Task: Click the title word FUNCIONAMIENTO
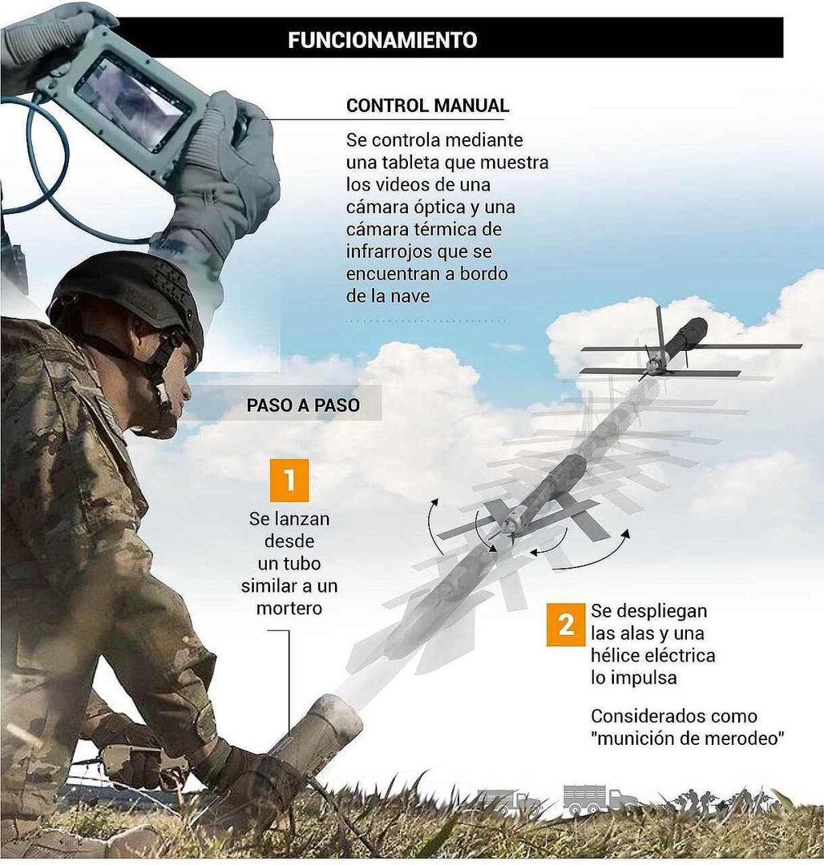(x=382, y=39)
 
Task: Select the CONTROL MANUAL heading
(x=427, y=106)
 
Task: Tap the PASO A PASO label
(x=303, y=405)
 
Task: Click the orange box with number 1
(x=289, y=481)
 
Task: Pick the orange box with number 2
(x=566, y=626)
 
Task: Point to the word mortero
(x=289, y=608)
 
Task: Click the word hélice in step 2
(x=615, y=655)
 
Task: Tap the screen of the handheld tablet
(x=133, y=100)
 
